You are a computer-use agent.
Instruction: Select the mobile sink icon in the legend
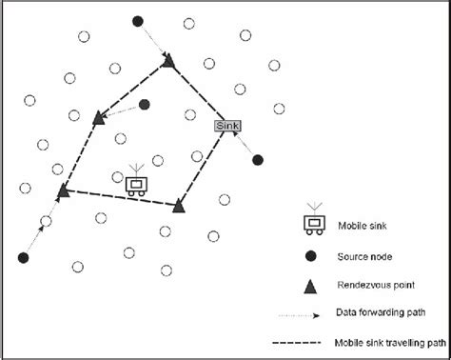pos(310,222)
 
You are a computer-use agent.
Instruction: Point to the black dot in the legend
pos(310,255)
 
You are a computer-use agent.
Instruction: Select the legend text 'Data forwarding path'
pos(381,312)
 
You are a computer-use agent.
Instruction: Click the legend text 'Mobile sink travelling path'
pos(392,341)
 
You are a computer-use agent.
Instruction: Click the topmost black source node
pos(138,21)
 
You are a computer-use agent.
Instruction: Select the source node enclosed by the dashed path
pos(144,105)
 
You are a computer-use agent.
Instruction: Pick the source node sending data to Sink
pos(257,160)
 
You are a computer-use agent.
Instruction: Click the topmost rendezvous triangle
pos(168,61)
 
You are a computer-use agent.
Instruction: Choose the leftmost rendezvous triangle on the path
pos(63,192)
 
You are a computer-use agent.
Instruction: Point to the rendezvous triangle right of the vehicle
pos(179,205)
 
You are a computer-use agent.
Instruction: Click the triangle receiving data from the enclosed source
pos(99,117)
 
